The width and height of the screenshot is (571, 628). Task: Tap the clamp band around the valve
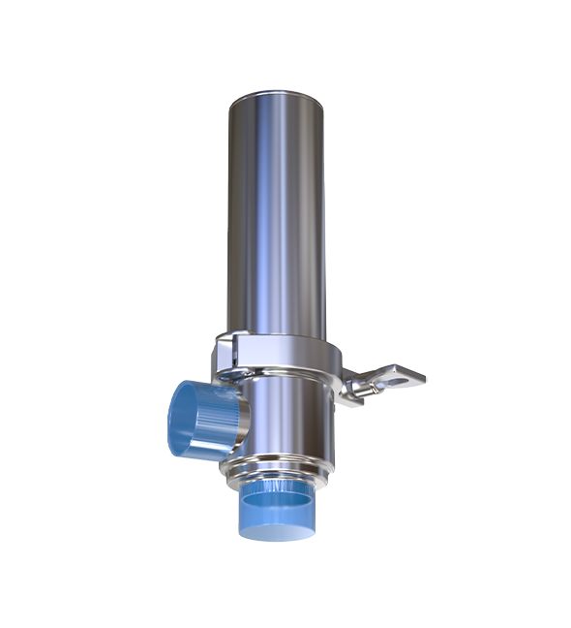coord(290,356)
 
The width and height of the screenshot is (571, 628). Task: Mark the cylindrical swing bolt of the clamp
coord(363,386)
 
